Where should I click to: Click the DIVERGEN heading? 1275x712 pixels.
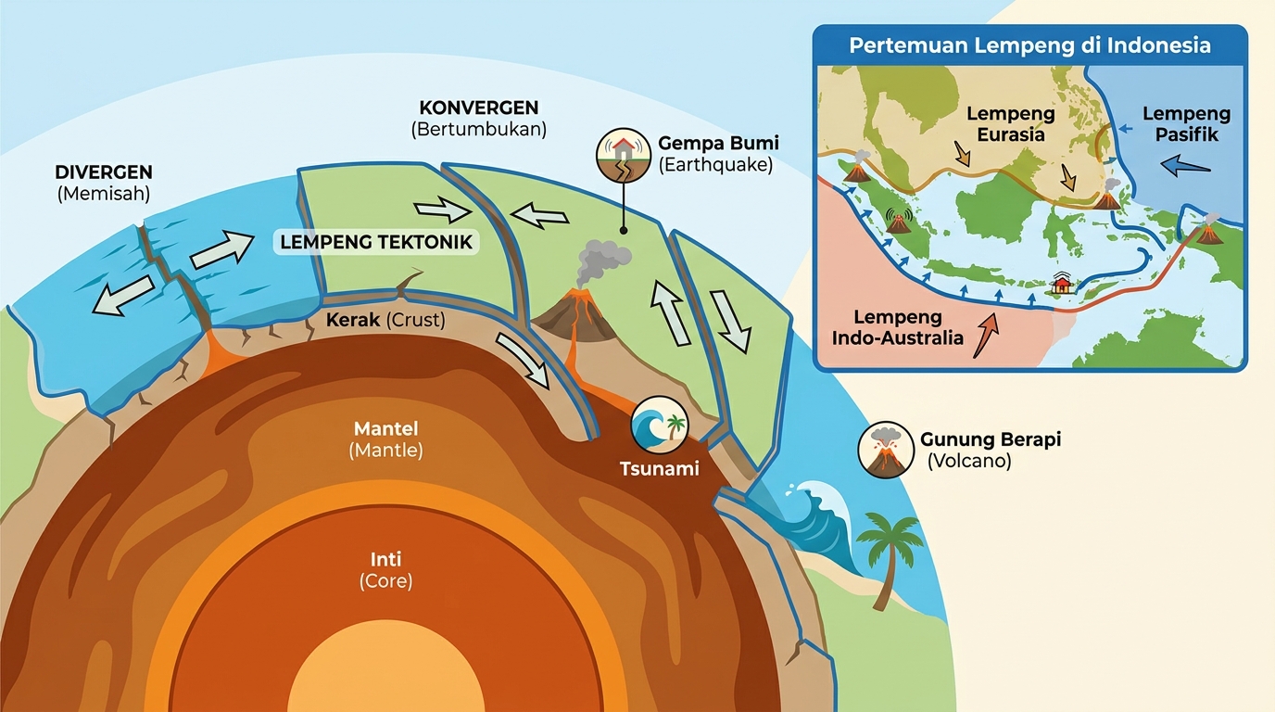(x=104, y=172)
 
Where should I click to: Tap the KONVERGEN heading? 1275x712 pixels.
(x=479, y=108)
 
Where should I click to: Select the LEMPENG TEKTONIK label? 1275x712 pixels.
(x=376, y=242)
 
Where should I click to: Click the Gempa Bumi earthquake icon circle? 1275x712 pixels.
(x=624, y=155)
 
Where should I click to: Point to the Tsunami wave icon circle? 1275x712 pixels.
(x=660, y=425)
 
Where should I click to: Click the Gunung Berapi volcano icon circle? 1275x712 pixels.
(x=886, y=450)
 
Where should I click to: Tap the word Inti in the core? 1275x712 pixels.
(x=385, y=559)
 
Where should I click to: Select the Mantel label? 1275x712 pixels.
(x=385, y=428)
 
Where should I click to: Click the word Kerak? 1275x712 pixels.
(x=352, y=320)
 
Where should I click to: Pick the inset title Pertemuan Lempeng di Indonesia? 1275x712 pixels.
(x=1029, y=45)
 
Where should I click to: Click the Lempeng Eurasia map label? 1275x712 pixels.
(x=1011, y=124)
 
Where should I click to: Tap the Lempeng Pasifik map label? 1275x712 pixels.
(x=1187, y=124)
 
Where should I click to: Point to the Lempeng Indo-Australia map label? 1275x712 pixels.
(x=898, y=327)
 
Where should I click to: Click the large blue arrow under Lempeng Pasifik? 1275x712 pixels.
(x=1185, y=166)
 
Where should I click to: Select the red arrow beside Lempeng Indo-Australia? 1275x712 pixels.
(x=986, y=335)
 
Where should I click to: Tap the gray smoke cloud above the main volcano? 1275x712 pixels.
(x=602, y=261)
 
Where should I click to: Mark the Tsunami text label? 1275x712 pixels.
(x=659, y=469)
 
